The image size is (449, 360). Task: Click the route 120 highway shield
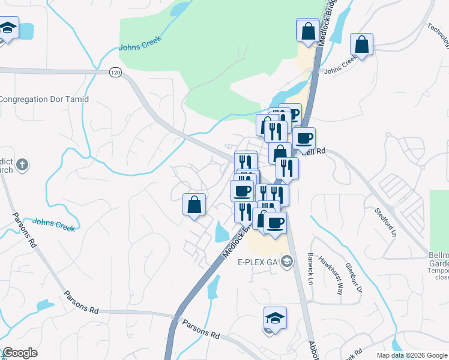point(116,72)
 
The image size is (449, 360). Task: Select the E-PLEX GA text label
point(258,262)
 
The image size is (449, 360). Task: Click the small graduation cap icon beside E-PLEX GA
point(287,261)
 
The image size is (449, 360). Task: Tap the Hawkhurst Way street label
point(330,275)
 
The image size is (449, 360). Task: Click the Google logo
point(20,353)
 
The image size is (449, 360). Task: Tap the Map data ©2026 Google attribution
point(411,355)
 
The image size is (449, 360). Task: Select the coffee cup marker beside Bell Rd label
point(304,139)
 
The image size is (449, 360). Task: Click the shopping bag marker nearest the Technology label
point(362,44)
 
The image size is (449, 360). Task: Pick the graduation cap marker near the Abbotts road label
point(275,318)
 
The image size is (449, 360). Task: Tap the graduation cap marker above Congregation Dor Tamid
point(7,28)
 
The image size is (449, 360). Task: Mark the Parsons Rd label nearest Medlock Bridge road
point(202,328)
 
